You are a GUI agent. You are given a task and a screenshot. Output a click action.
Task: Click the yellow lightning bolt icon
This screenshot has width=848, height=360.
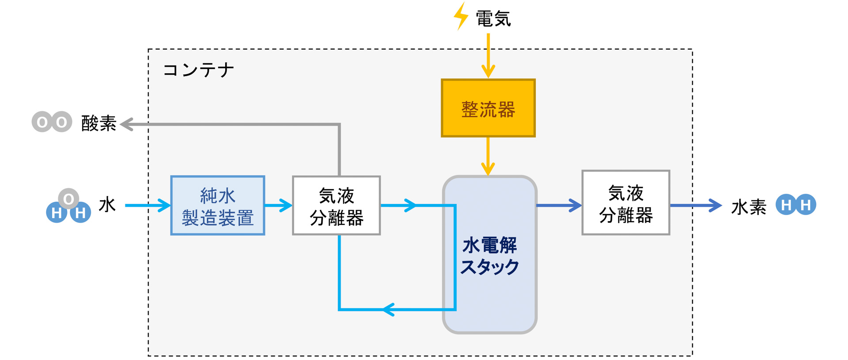[x=461, y=16]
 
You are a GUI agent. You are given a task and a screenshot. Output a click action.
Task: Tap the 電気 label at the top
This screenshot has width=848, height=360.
[x=493, y=19]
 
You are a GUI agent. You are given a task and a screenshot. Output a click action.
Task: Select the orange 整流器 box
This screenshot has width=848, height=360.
[x=488, y=109]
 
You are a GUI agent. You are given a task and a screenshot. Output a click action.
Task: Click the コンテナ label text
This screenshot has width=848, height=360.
[x=198, y=70]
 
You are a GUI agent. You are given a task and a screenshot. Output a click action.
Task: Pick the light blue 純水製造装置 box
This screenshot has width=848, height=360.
[x=218, y=205]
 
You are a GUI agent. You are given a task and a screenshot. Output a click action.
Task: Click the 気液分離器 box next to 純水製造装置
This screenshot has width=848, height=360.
[x=336, y=205]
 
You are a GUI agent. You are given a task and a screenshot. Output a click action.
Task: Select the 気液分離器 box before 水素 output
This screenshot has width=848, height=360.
[x=625, y=203]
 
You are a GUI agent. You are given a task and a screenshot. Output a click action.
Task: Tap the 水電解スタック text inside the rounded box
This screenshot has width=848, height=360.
[x=489, y=256]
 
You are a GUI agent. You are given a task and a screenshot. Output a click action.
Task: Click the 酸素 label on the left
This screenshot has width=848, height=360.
[x=99, y=124]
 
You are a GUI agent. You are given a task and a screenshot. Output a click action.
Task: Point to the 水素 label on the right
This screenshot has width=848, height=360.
[x=749, y=207]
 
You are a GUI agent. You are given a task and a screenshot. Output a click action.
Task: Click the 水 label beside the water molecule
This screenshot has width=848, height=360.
[x=107, y=205]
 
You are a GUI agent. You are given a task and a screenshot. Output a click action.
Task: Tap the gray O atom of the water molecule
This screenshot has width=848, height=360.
[x=68, y=199]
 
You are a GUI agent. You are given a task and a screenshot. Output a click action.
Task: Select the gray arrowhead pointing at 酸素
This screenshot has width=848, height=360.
[x=127, y=124]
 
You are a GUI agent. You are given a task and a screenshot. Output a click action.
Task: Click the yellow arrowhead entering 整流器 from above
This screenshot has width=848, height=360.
[x=488, y=71]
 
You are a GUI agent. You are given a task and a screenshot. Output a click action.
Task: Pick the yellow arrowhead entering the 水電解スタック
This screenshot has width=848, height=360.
[x=488, y=169]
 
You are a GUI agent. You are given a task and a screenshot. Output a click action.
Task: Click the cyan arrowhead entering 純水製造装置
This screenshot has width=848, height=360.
[x=164, y=205]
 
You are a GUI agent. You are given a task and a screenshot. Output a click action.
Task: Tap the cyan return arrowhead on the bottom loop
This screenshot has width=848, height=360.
[x=389, y=309]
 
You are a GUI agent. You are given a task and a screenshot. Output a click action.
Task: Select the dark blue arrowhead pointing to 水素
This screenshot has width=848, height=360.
[x=715, y=205]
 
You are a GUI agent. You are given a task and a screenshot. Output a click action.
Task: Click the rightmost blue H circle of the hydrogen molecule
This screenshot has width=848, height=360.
[x=806, y=205]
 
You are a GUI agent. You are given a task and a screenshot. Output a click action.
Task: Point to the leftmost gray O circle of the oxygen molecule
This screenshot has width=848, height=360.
[x=42, y=122]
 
